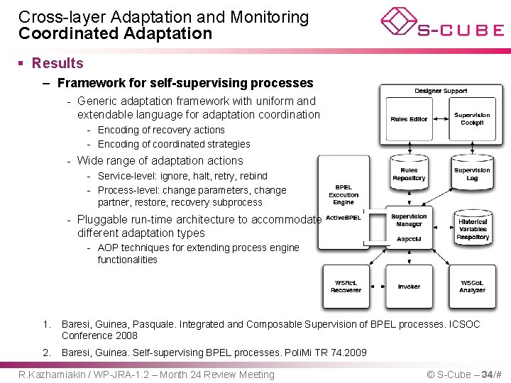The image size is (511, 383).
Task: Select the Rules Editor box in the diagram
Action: click(x=409, y=119)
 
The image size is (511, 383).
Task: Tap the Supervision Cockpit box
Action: click(x=472, y=118)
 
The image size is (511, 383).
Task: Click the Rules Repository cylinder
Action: click(x=409, y=174)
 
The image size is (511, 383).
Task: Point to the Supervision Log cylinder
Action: click(x=472, y=174)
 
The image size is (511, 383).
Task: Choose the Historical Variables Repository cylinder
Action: click(x=473, y=229)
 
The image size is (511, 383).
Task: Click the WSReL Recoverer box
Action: click(x=346, y=287)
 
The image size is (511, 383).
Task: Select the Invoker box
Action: click(x=409, y=287)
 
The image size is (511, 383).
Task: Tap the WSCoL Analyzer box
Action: click(x=472, y=287)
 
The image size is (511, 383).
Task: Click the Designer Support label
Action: click(x=441, y=91)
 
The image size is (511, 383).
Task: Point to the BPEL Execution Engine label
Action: click(x=344, y=195)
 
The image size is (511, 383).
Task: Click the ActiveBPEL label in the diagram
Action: click(x=344, y=218)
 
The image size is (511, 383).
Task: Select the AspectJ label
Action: click(x=409, y=239)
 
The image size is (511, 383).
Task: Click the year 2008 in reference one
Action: click(x=126, y=335)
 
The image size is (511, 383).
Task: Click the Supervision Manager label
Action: click(x=409, y=220)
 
